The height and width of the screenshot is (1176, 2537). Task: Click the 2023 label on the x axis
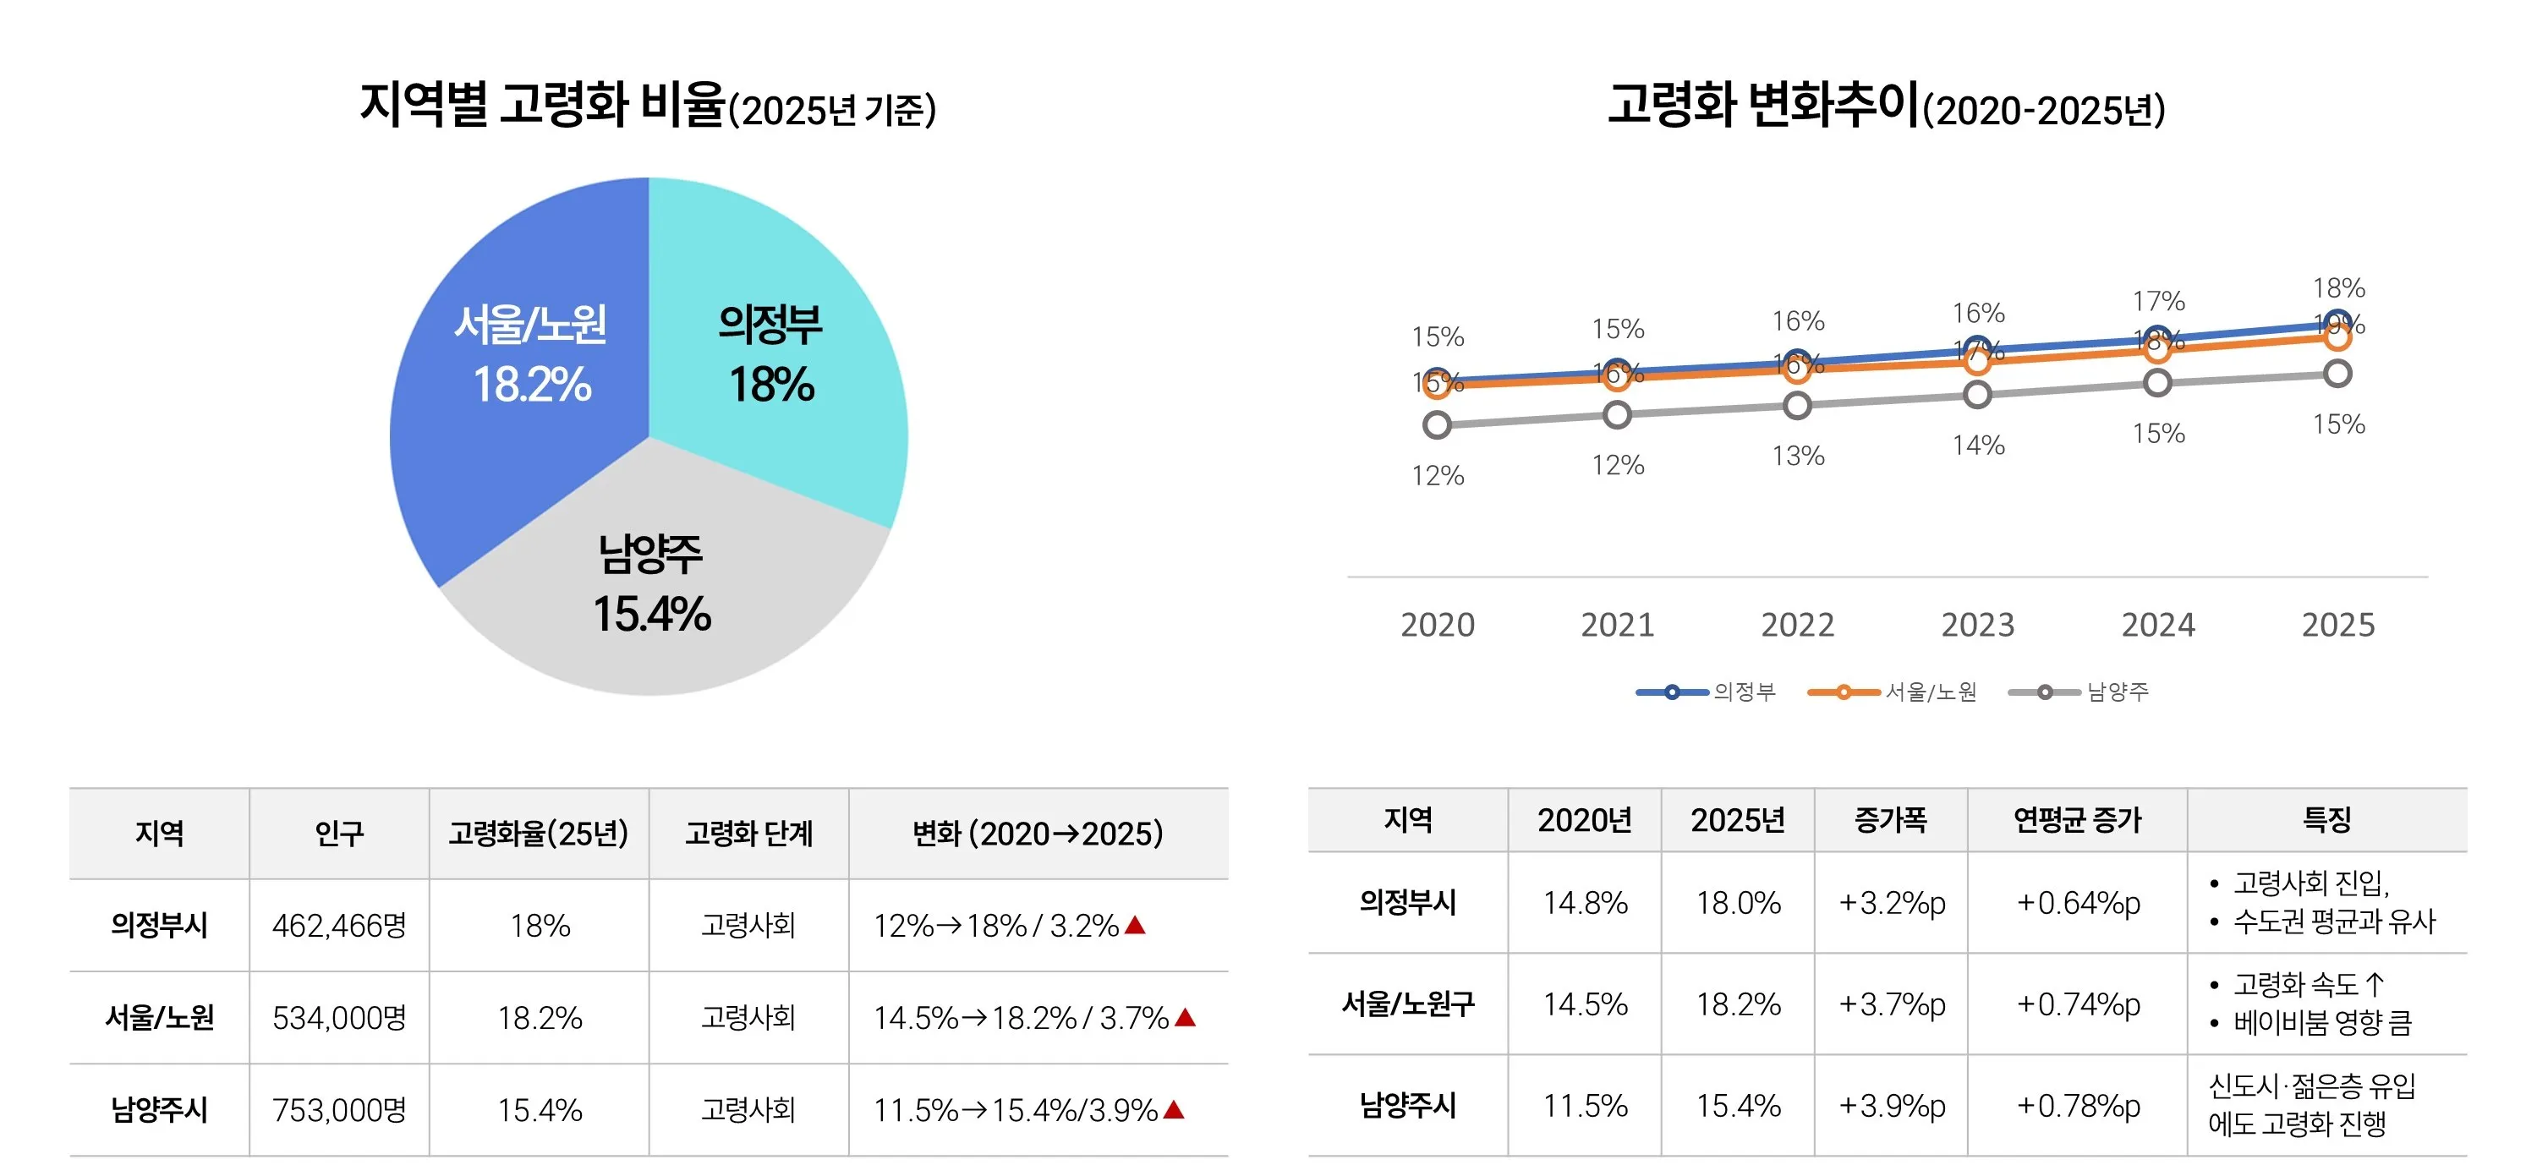click(1978, 625)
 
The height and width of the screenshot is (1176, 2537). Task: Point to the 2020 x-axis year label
click(1437, 625)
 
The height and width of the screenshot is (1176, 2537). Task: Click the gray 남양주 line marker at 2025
click(2337, 374)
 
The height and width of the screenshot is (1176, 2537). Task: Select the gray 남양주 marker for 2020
click(1437, 424)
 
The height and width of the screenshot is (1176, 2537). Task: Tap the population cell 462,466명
click(339, 925)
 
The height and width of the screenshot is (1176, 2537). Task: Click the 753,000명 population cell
click(339, 1110)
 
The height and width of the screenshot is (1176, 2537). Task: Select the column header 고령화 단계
click(748, 834)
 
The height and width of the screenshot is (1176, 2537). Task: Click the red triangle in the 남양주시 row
click(1173, 1110)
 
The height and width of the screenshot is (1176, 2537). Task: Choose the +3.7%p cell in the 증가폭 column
click(1891, 1004)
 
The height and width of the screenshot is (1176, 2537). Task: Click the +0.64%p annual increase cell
click(2078, 902)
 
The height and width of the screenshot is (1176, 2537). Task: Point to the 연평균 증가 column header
click(2077, 819)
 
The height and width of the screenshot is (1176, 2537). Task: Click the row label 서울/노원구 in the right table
click(1407, 1004)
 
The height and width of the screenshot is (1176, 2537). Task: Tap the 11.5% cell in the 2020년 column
click(1585, 1105)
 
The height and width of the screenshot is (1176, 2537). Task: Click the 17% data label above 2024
click(2158, 300)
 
